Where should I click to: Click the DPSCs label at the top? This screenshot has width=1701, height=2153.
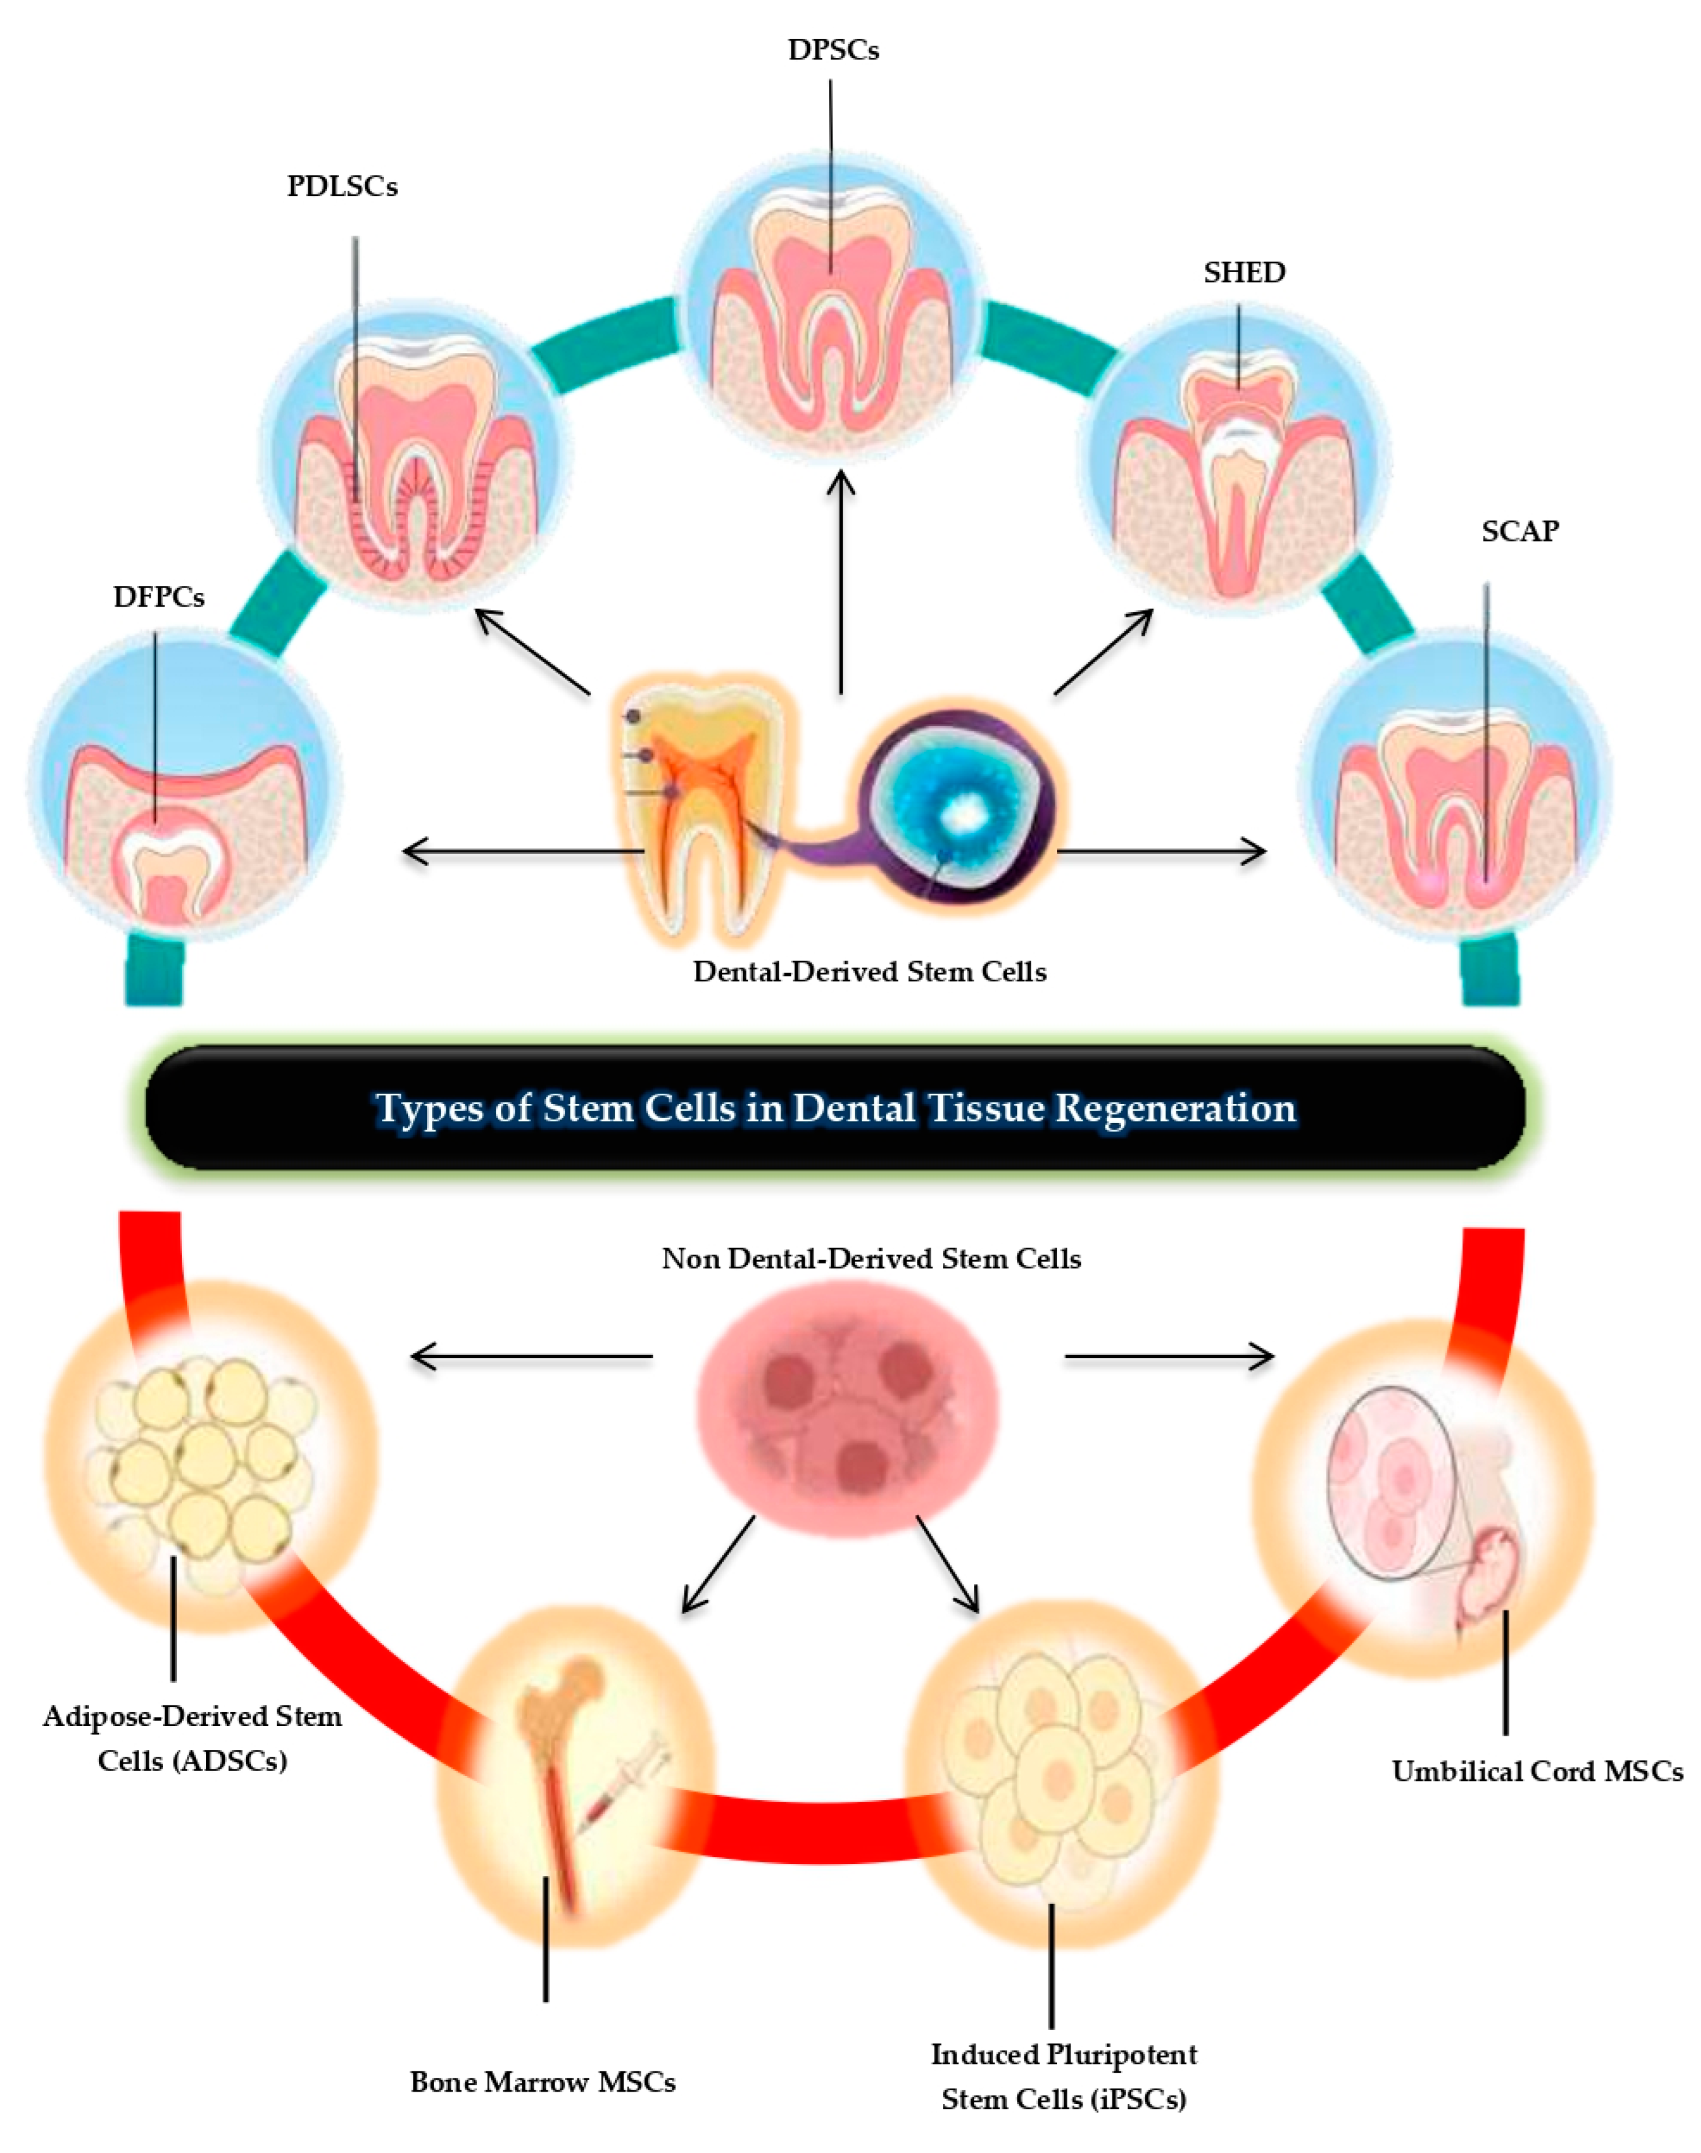point(833,50)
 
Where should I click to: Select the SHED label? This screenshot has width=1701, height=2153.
point(1244,272)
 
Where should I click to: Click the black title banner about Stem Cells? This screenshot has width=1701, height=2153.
point(834,1107)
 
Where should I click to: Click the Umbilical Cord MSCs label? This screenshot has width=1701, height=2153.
point(1537,1772)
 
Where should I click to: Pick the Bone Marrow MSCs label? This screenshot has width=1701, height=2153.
point(543,2082)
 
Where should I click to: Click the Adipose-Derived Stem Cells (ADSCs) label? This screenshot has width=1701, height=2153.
point(192,1738)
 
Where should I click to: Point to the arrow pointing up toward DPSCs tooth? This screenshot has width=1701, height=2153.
point(842,583)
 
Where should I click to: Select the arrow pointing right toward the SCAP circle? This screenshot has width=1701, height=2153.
point(1160,851)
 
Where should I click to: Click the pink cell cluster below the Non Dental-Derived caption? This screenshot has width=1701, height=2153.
point(846,1414)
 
